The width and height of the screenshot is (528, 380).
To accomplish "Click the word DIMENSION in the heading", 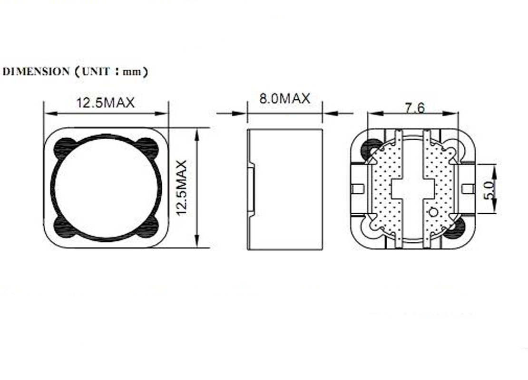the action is (36, 72).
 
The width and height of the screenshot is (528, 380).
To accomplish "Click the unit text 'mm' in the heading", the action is (132, 72).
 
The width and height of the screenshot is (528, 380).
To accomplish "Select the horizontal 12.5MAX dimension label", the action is (106, 103).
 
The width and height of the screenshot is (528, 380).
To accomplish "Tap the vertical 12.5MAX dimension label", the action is (182, 188).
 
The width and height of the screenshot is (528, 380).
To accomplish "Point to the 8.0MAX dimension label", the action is (284, 98).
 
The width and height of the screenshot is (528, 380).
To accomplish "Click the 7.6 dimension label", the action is (415, 108).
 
